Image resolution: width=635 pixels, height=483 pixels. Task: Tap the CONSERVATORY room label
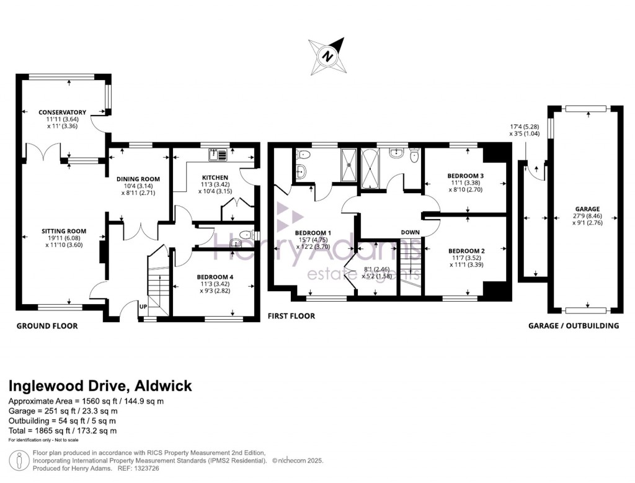[62, 112]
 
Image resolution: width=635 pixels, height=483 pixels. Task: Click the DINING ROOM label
[138, 179]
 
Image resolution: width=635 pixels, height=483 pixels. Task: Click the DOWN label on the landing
[410, 232]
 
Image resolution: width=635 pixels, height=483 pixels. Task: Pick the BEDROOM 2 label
[466, 251]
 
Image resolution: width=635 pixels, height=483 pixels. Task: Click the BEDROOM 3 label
[466, 176]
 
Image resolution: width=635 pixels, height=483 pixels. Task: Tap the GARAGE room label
[587, 209]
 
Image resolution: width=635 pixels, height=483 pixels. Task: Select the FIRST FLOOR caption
[291, 316]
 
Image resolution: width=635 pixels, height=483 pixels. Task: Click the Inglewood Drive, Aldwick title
[100, 386]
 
